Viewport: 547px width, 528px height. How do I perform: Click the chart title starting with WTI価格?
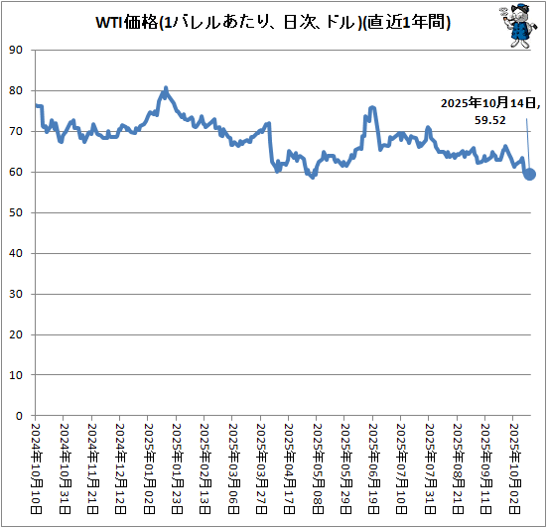(273, 23)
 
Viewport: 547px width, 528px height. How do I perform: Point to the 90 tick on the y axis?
(14, 50)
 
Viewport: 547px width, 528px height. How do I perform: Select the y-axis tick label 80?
(14, 90)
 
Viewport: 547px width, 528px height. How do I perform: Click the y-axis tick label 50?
(14, 212)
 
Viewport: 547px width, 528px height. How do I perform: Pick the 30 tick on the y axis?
(14, 294)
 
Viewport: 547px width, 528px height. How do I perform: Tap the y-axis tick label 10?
(14, 375)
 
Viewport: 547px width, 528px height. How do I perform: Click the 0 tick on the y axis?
(17, 416)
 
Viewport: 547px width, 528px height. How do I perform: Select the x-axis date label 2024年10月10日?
(36, 466)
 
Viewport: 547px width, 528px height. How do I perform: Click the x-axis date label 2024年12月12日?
(121, 466)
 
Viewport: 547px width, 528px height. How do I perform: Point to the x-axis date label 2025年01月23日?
(177, 466)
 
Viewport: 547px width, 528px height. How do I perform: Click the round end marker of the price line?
(530, 174)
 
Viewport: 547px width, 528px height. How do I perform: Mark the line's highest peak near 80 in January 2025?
(166, 87)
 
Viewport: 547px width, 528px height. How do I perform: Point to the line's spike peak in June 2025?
(371, 107)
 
